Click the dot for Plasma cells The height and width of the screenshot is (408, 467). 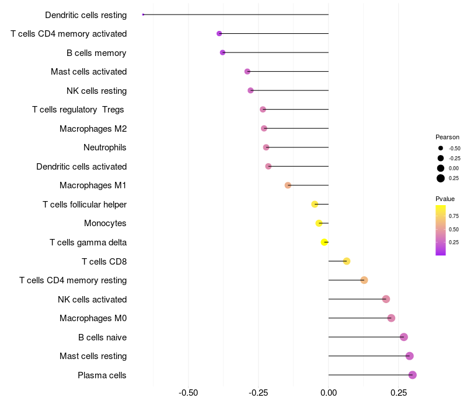(413, 375)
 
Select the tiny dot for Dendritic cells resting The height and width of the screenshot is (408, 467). (143, 15)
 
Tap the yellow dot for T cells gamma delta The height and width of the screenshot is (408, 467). (325, 242)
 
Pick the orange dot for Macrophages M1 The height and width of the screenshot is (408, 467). (288, 185)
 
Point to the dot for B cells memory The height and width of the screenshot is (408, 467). (222, 52)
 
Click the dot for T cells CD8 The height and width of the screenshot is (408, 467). (347, 261)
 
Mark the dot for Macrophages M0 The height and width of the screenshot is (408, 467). (391, 318)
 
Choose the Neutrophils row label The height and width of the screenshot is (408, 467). (105, 147)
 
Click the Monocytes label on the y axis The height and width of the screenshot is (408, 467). (105, 223)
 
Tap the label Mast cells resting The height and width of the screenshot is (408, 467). (93, 356)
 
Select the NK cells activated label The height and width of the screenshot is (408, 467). (92, 300)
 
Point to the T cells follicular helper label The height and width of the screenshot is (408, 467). (85, 205)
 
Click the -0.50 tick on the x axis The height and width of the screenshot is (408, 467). (188, 393)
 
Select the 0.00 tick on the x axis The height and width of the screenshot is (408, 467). (329, 393)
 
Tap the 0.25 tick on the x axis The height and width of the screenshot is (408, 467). (399, 393)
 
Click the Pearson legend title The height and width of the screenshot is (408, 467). (447, 137)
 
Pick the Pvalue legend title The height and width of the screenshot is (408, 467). (445, 199)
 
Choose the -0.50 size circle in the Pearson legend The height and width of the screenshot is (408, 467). (441, 149)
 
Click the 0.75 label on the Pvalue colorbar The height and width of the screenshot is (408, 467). (454, 216)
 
